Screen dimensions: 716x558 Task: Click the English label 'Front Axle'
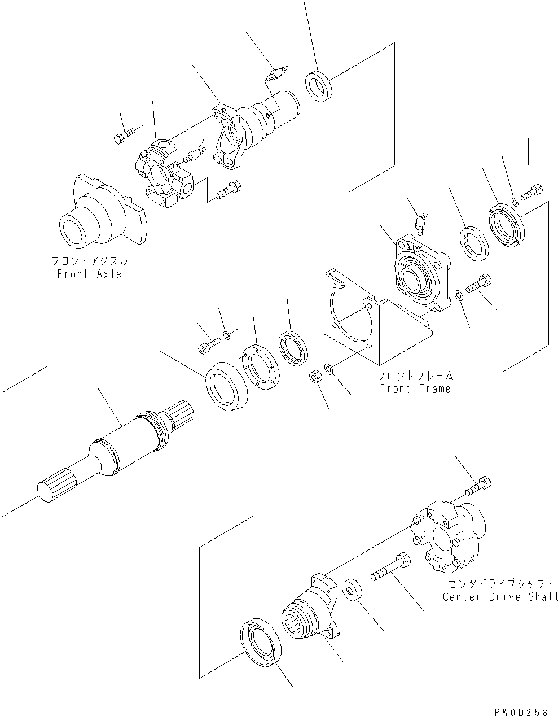coord(89,274)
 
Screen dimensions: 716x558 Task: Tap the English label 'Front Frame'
coord(415,388)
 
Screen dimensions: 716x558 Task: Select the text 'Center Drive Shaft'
coord(500,596)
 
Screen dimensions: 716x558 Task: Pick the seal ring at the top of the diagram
coord(319,85)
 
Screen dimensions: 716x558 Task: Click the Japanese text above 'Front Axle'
coord(89,261)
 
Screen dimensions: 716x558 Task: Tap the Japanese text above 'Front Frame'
coord(415,376)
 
